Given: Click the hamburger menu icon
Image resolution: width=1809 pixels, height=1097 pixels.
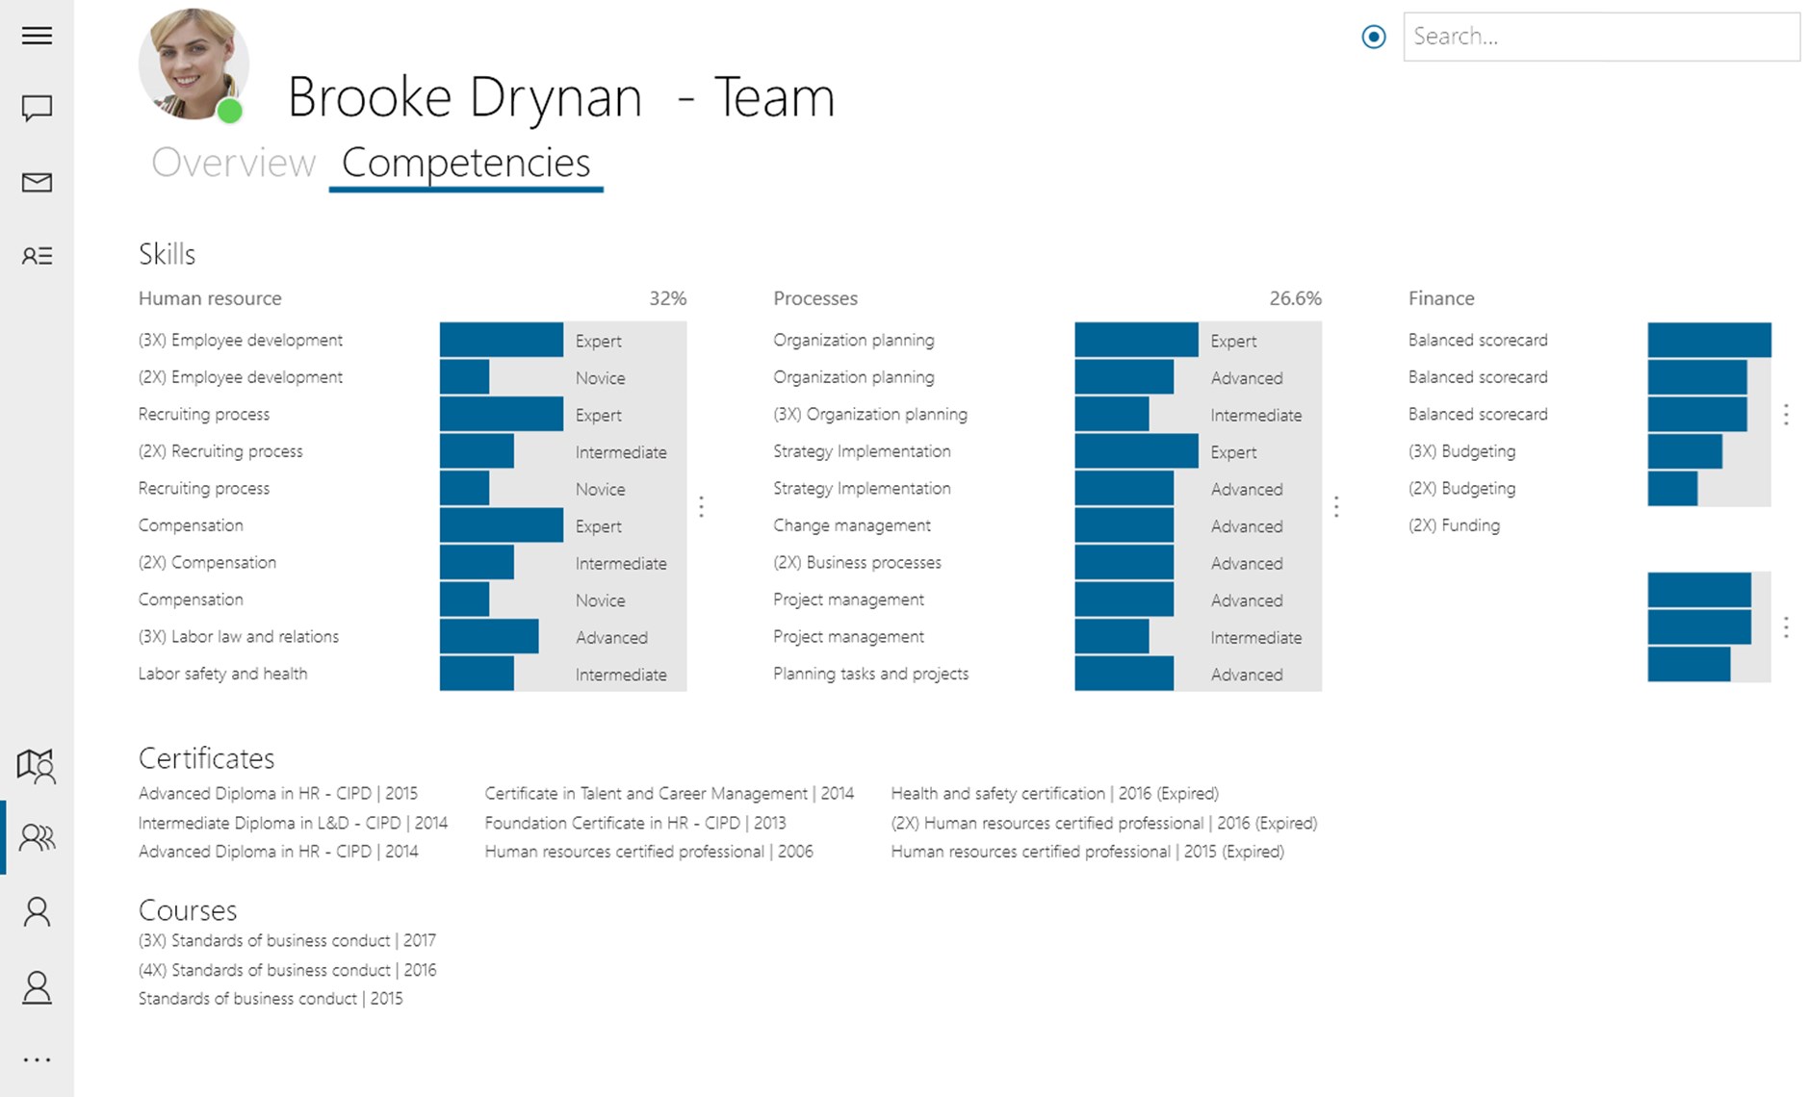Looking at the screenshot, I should (37, 36).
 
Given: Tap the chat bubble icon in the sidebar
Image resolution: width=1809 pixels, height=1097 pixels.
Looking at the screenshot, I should (37, 108).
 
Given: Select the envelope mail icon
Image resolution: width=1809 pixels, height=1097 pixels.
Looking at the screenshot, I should (37, 182).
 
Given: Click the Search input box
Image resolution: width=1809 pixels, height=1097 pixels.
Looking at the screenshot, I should (1600, 37).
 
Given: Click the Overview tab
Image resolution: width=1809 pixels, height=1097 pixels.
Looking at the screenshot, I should (233, 163).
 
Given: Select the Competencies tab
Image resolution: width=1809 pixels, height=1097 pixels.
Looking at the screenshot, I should (466, 163).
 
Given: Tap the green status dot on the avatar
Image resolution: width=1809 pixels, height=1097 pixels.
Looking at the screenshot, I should (230, 112).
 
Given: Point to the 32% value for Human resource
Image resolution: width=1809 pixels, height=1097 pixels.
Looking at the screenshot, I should (667, 298).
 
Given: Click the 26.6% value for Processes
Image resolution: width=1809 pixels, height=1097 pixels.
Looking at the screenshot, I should (1295, 298).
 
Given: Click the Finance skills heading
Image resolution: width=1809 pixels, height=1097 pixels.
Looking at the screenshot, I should (1440, 298).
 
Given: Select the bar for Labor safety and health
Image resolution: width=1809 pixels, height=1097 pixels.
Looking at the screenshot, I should (477, 674).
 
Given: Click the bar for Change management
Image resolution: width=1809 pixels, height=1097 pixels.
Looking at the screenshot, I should (1124, 525).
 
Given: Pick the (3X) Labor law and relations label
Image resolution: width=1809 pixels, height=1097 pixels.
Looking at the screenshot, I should (239, 637).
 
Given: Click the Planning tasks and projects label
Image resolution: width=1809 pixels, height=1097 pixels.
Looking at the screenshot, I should (870, 674).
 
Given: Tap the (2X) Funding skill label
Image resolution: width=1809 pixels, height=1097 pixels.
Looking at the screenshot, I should (1454, 525).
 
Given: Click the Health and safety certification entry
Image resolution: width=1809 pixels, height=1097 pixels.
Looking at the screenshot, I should (1054, 794).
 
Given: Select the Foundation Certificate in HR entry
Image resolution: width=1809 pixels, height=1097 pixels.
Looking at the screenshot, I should (634, 823).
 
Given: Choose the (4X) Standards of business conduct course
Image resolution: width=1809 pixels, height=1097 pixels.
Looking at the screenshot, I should (287, 970).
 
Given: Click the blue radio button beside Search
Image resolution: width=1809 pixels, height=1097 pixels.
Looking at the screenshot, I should (1374, 37).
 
